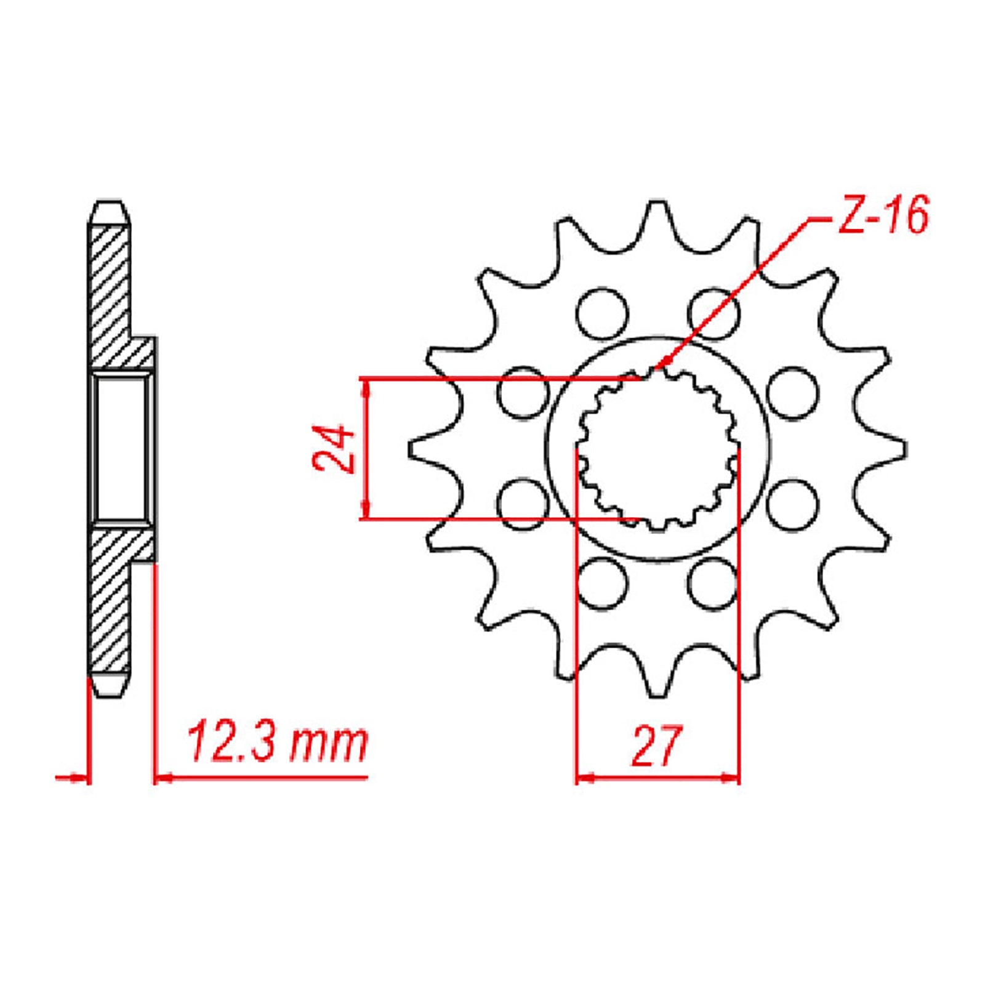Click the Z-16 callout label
click(x=882, y=216)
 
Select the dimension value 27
click(x=657, y=747)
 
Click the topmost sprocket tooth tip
click(x=657, y=206)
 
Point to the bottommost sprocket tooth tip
click(x=657, y=694)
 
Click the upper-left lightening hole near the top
click(x=602, y=313)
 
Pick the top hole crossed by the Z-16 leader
click(x=713, y=313)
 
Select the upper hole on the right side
click(x=794, y=393)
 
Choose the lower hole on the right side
click(x=794, y=505)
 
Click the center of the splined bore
click(x=657, y=449)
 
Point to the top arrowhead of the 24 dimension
click(x=367, y=385)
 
